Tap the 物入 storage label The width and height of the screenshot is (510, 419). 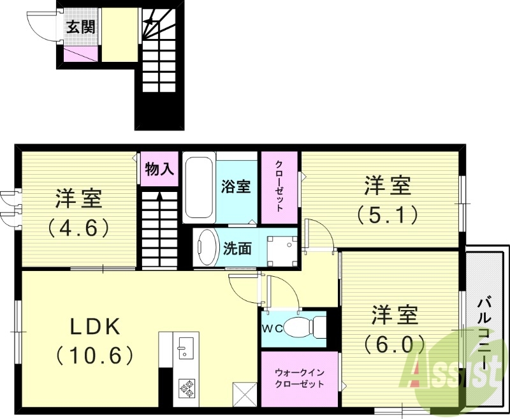coord(159,169)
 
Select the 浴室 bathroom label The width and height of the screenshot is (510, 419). coord(235,186)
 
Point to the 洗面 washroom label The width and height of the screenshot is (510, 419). coord(237,249)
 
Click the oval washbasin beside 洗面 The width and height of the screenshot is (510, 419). coord(207,247)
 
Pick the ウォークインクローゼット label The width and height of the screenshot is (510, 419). coord(299,378)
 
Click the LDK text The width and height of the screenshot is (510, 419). coord(95,327)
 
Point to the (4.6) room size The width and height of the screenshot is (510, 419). coord(79,226)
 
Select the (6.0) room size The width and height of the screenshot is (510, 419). coord(395,344)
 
